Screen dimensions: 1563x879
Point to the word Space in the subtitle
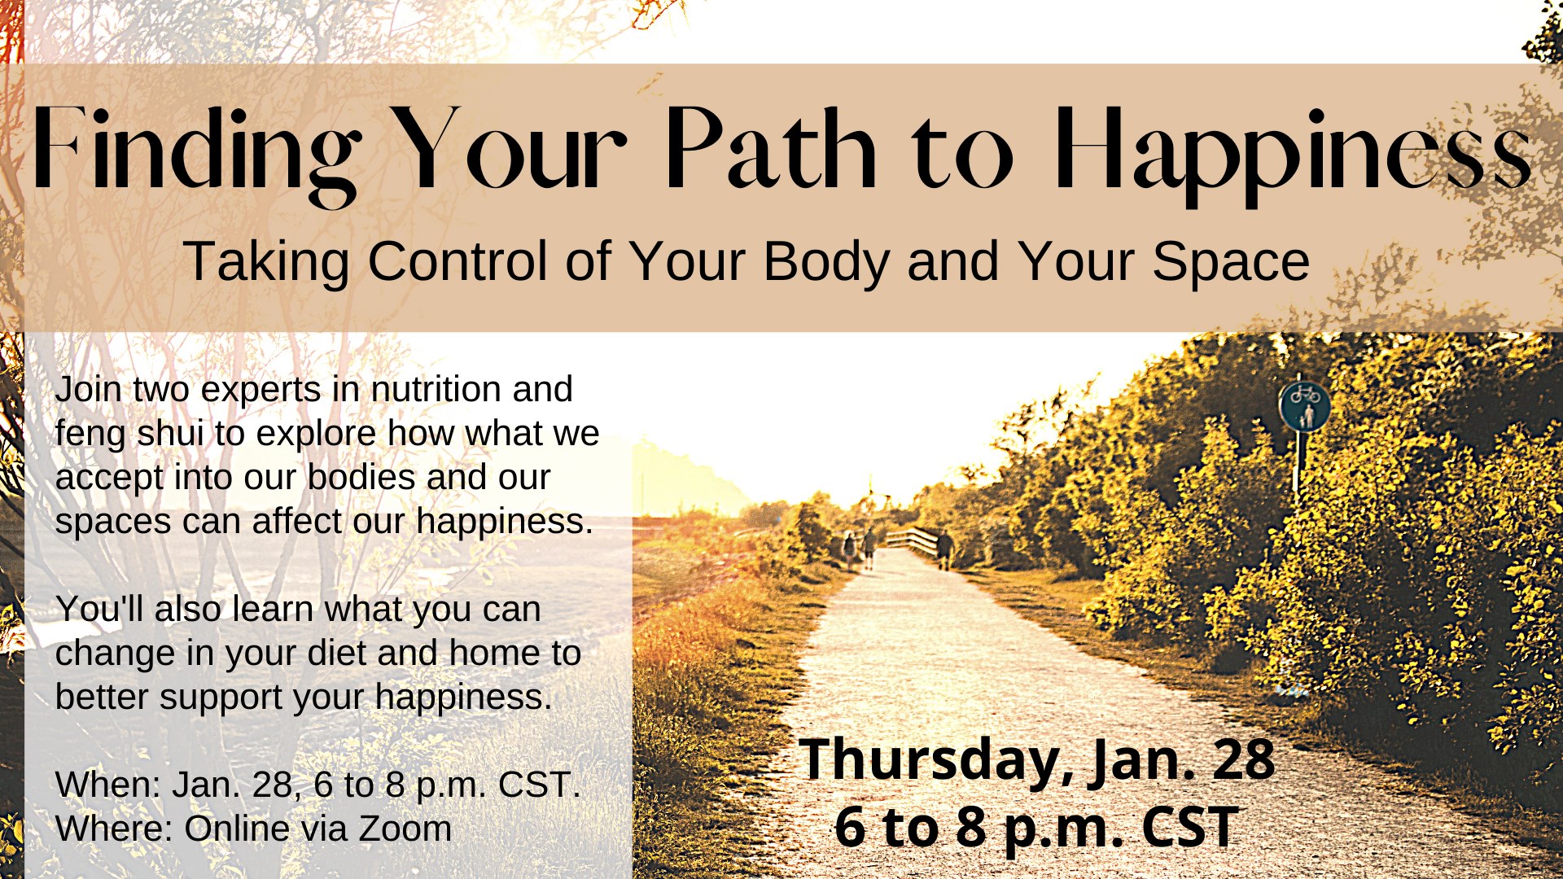[x=1230, y=263]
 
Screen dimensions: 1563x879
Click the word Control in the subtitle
[x=457, y=261]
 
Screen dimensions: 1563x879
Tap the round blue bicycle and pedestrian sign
[x=1304, y=405]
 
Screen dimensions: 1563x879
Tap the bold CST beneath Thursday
[x=1189, y=827]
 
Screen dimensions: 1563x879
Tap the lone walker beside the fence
[x=944, y=549]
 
